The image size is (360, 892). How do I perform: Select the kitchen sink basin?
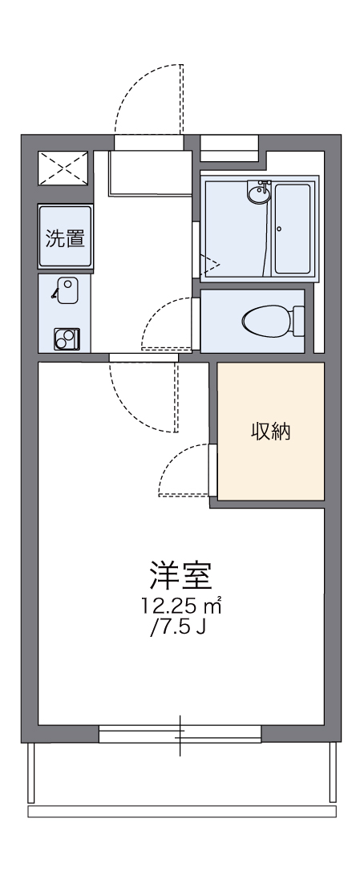(x=67, y=289)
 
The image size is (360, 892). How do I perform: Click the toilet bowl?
(x=266, y=322)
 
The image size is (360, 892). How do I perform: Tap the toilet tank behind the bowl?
(x=299, y=322)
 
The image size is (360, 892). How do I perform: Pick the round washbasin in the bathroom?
(x=261, y=193)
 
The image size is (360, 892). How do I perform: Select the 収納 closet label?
(x=271, y=432)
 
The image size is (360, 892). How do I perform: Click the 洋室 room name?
(x=180, y=576)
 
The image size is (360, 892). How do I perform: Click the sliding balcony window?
(x=180, y=733)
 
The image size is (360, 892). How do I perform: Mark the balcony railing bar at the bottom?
(x=181, y=812)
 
